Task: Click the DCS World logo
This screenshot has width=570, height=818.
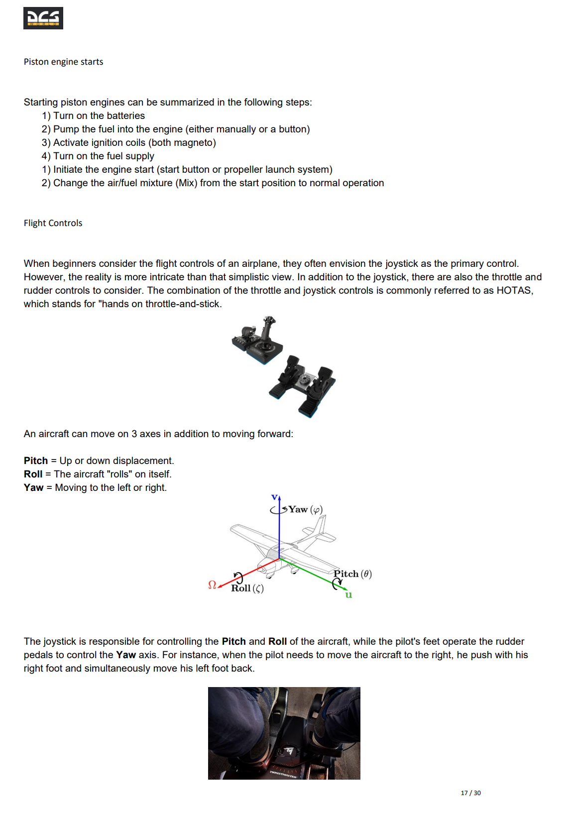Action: point(43,18)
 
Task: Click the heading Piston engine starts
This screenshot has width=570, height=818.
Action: point(63,62)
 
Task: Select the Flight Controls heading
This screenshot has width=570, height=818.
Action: point(53,223)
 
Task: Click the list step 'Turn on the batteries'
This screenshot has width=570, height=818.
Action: point(99,116)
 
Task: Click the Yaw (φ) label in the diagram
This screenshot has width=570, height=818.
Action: point(305,509)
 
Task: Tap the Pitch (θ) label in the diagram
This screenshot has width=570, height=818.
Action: point(352,574)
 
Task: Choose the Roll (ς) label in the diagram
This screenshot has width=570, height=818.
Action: point(247,588)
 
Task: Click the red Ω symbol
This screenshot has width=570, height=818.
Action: point(212,584)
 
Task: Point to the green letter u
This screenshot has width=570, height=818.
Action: point(348,594)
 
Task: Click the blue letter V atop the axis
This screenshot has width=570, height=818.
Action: point(274,497)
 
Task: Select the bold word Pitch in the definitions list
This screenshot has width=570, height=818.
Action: point(36,461)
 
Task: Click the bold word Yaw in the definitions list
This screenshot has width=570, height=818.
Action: point(33,487)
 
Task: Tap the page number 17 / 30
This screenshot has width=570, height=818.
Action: point(470,793)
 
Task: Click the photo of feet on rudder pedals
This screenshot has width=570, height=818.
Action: point(284,733)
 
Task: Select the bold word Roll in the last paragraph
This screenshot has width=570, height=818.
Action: point(277,641)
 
